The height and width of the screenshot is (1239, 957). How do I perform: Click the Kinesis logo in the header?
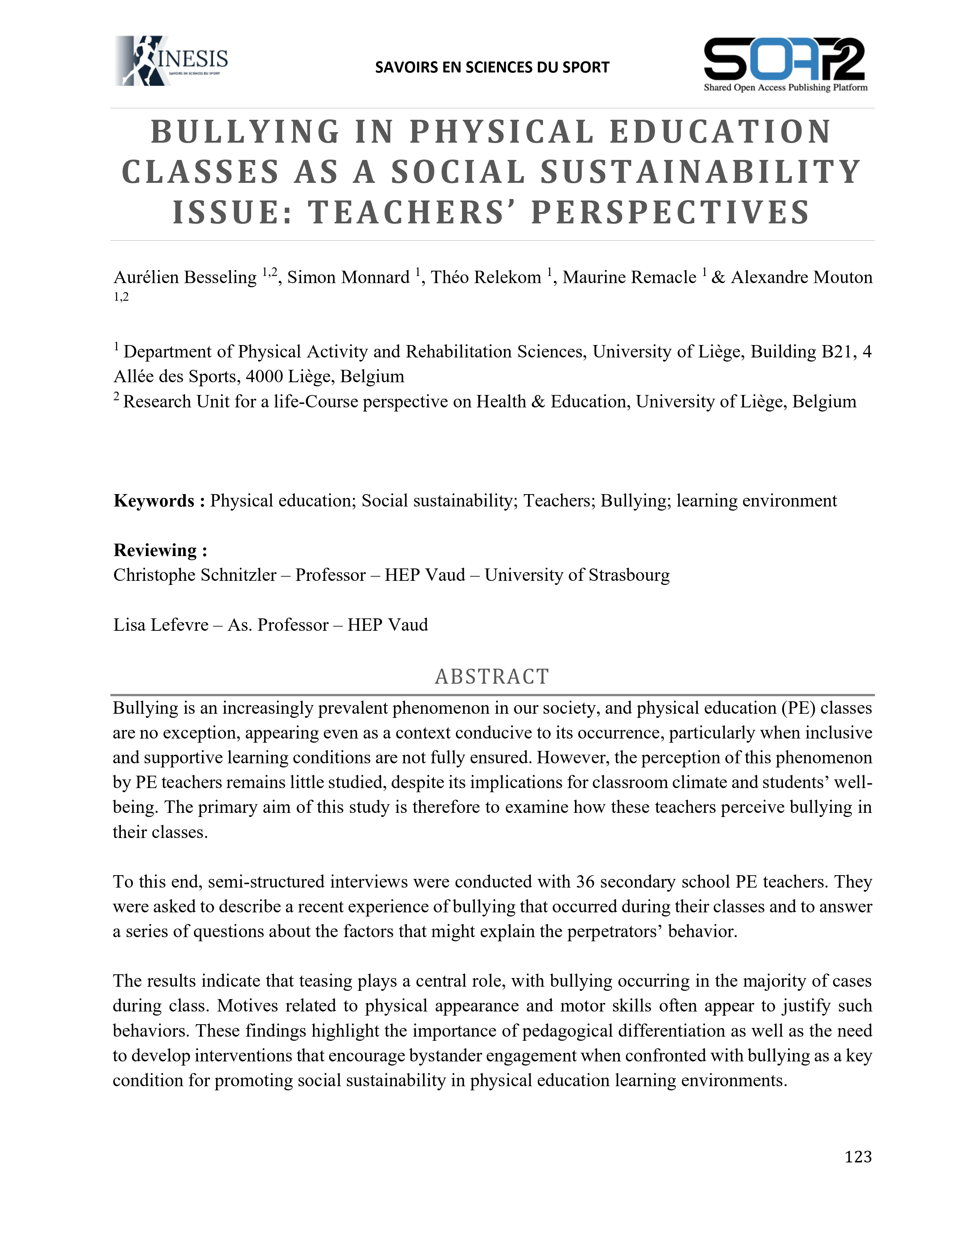(171, 61)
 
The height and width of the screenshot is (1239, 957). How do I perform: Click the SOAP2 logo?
(785, 63)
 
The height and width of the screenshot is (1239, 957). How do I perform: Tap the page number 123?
(858, 1156)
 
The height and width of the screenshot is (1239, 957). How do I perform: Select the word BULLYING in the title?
(245, 132)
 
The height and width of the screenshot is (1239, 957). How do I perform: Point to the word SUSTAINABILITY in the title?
(701, 172)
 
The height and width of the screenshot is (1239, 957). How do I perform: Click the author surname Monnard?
(377, 277)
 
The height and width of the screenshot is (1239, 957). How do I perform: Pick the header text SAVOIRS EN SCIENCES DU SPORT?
(492, 68)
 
